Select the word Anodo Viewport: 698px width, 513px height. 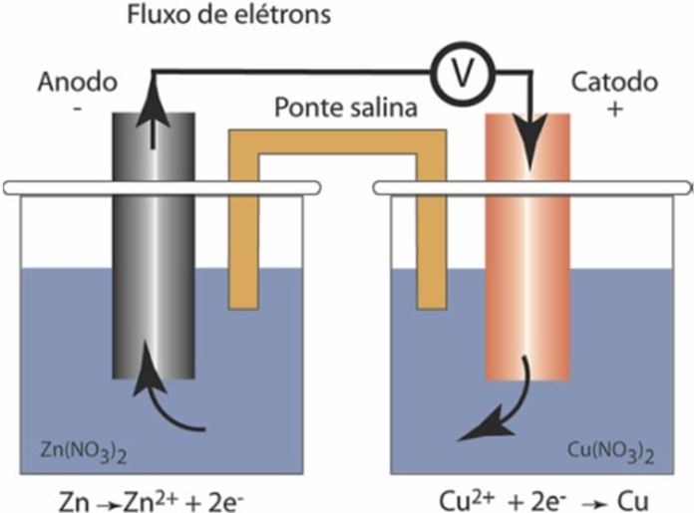pos(76,83)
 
